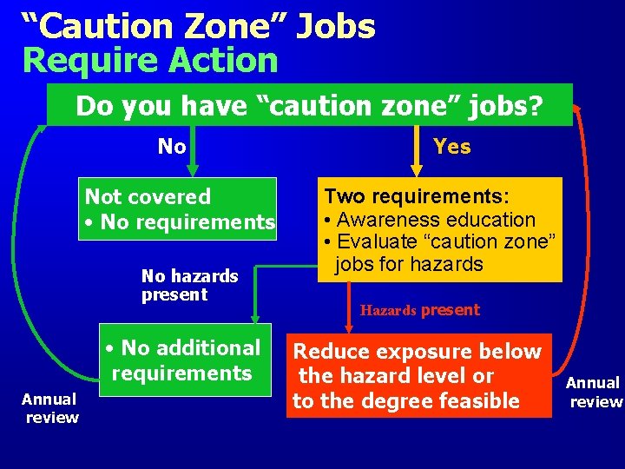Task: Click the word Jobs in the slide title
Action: coord(335,26)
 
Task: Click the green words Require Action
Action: coord(150,61)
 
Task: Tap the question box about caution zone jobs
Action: coord(309,105)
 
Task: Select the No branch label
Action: coord(172,146)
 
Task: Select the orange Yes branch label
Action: coord(451,147)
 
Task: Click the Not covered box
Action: coord(179,209)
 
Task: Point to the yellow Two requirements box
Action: coord(441,229)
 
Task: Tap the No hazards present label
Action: coord(189,285)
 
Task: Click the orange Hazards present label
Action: coord(420,310)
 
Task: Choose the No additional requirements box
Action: coord(185,360)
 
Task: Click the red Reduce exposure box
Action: coord(418,376)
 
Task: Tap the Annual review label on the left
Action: coord(50,408)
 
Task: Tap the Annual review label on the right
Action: coord(594,392)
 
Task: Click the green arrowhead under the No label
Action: coord(193,169)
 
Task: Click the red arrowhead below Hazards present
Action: coord(349,327)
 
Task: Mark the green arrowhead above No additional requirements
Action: coord(255,320)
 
